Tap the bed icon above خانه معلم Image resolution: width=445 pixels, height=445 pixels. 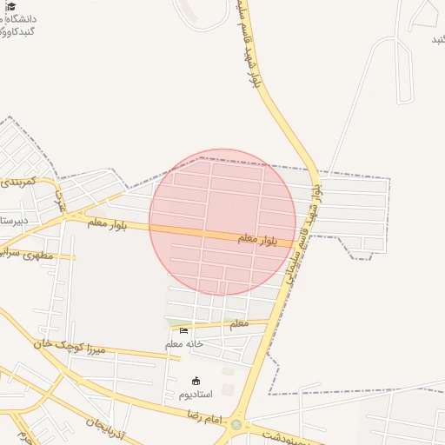[x=183, y=331]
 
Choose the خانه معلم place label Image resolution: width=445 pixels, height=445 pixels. [x=184, y=344]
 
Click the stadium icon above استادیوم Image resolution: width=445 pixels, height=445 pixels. [x=196, y=381]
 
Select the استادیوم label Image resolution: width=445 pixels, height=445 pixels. [x=195, y=395]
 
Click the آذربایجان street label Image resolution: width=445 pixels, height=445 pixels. [x=108, y=426]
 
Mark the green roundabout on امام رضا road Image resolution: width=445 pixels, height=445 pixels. [x=236, y=425]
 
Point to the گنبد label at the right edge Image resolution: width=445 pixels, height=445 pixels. [x=438, y=40]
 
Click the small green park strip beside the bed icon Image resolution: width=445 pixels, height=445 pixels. [x=173, y=323]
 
